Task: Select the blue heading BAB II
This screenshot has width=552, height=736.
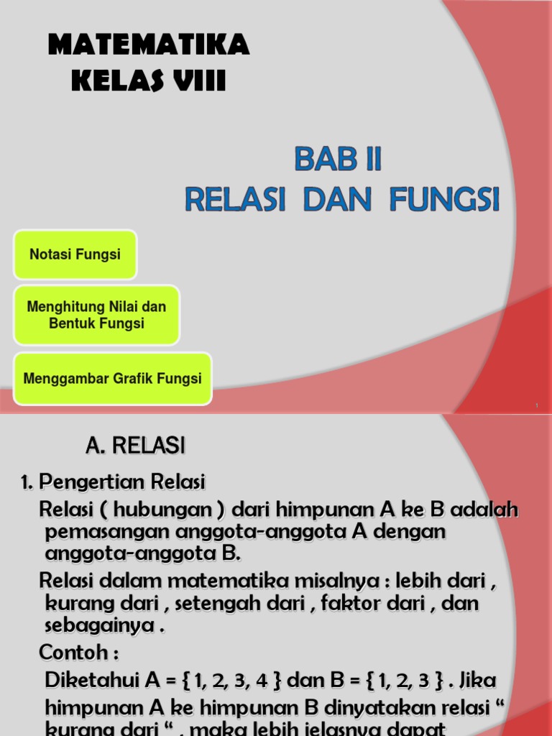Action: pos(337,160)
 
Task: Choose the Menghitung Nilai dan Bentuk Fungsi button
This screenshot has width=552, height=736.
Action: pos(96,315)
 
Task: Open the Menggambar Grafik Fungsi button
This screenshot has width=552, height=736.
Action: pos(113,378)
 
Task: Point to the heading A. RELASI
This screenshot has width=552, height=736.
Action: pos(135,446)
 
